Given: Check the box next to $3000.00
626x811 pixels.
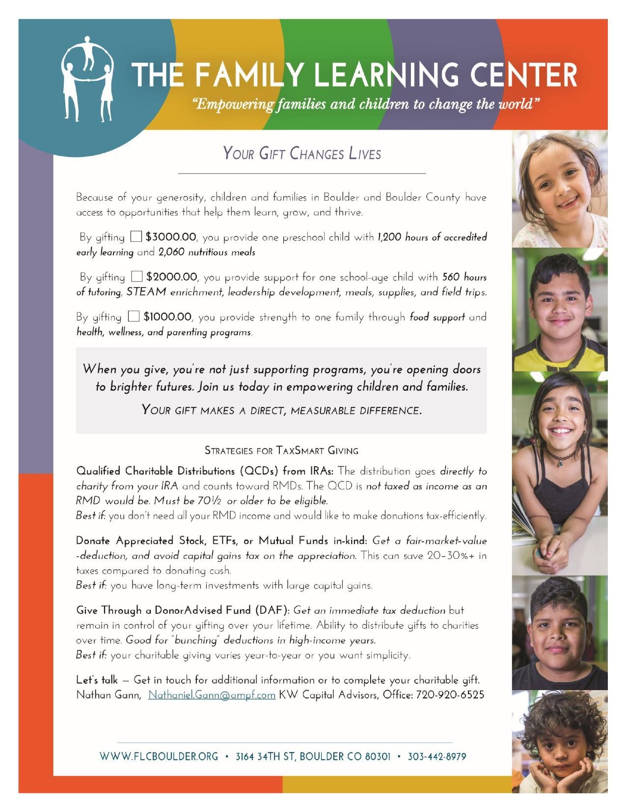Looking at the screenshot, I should [136, 237].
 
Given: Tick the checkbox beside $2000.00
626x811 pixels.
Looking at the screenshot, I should [138, 277].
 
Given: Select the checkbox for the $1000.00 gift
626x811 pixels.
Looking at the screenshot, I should [133, 317].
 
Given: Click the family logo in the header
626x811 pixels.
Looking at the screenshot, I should [87, 79].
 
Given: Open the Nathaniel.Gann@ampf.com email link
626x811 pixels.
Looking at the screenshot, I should [212, 695].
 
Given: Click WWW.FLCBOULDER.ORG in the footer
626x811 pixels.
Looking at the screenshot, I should [159, 756].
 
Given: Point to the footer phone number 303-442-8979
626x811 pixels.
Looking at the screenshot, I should [436, 756].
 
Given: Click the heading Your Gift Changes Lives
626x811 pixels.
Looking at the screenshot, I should [302, 154].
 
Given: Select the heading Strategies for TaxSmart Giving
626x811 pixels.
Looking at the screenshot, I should [281, 450].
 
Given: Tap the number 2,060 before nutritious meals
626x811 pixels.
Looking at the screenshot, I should [170, 253].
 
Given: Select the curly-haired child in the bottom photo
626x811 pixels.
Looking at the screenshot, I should [562, 742].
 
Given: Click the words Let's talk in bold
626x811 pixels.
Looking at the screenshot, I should [97, 680].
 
